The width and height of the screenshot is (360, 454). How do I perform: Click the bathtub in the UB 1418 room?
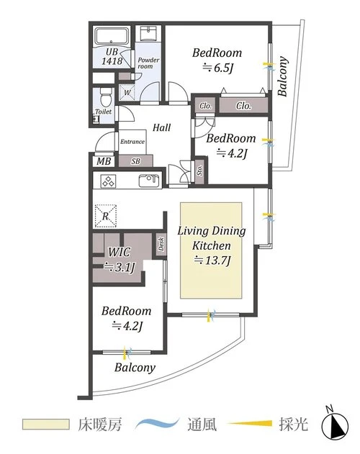(112, 37)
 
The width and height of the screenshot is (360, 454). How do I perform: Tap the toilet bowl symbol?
(105, 96)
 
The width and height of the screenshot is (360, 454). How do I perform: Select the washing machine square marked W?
(127, 92)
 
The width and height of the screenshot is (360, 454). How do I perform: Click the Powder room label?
(148, 63)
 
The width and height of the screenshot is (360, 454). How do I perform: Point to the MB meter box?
(104, 161)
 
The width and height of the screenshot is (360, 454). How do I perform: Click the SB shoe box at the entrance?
(135, 161)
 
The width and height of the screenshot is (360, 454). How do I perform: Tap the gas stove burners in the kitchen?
(108, 181)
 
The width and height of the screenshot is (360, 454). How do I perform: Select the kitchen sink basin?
(149, 181)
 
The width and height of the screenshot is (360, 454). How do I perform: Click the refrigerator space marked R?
(106, 216)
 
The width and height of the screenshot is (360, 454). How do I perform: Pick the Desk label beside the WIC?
(161, 245)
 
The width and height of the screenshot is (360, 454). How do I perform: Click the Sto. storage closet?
(199, 171)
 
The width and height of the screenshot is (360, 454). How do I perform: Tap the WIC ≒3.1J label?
(120, 260)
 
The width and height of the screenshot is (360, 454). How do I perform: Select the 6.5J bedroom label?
(217, 60)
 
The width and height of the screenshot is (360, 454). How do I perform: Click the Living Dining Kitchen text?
(212, 238)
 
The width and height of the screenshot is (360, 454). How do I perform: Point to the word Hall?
(162, 127)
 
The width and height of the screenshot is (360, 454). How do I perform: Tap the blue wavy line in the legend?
(157, 425)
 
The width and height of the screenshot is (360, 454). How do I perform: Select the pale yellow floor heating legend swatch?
(46, 425)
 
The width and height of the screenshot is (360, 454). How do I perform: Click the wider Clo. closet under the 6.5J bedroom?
(243, 105)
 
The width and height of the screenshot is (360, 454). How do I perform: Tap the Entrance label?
(132, 142)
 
